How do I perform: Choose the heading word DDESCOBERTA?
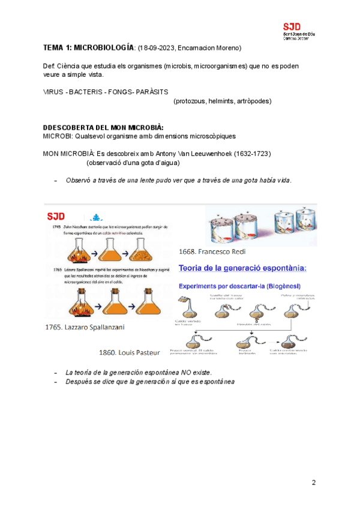pos(68,128)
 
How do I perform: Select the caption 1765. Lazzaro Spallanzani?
pos(81,327)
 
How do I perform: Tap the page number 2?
pos(313,483)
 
